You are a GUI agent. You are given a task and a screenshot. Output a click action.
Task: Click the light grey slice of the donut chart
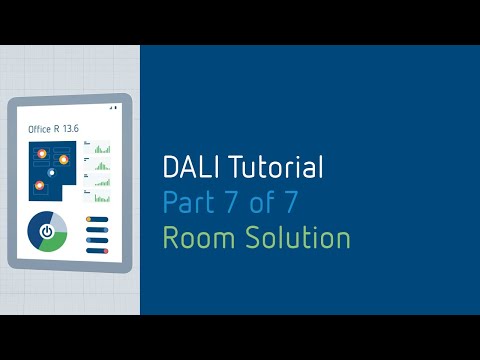(x=59, y=221)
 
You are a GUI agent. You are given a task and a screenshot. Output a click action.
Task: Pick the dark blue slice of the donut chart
(x=33, y=231)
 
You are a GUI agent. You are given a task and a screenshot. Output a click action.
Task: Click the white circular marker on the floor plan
(x=50, y=172)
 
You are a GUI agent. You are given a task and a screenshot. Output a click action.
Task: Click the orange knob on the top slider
(x=90, y=219)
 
